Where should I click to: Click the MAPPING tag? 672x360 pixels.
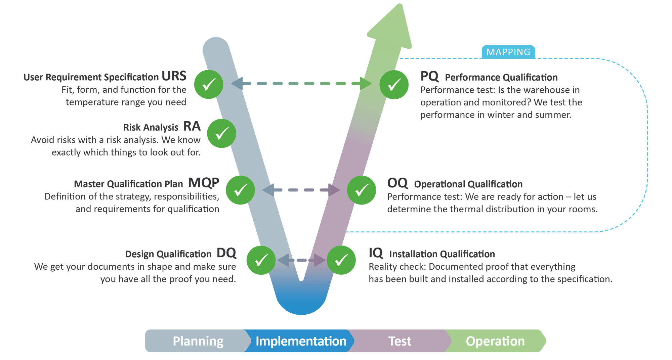click(x=508, y=52)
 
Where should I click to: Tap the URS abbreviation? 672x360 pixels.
click(x=174, y=76)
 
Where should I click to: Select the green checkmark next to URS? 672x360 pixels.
click(x=209, y=84)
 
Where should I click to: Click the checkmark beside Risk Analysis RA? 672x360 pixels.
click(x=221, y=133)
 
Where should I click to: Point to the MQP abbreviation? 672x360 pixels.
click(x=203, y=183)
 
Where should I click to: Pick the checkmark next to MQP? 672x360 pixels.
click(x=240, y=190)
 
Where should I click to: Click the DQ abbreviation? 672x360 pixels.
click(x=226, y=253)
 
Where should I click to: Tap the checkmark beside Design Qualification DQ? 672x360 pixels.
click(x=261, y=260)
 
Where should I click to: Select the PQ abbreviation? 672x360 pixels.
click(x=429, y=76)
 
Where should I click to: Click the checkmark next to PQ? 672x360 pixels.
click(x=394, y=85)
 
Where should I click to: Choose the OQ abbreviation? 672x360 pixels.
click(x=397, y=183)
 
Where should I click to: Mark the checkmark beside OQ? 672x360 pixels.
click(x=362, y=190)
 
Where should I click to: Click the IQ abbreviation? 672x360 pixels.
click(x=376, y=253)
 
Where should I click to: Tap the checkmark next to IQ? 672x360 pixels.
click(x=341, y=260)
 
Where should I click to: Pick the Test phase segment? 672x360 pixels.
click(x=400, y=341)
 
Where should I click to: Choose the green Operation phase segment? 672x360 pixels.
click(x=495, y=341)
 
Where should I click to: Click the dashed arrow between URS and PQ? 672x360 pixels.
click(x=301, y=83)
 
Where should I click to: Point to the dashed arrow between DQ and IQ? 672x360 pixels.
click(x=301, y=260)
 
